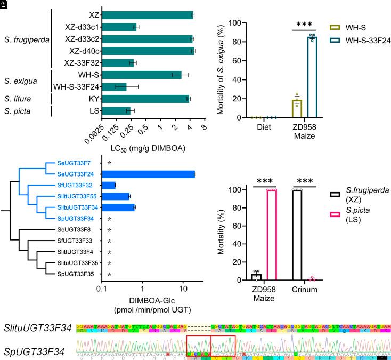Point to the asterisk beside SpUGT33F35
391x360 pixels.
pos(109,275)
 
